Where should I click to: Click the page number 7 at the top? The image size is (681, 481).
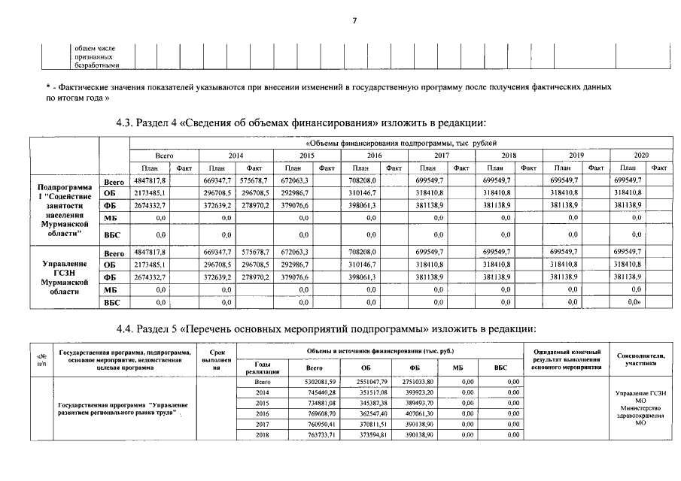pyautogui.click(x=354, y=20)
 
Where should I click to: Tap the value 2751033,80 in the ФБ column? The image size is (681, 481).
pyautogui.click(x=415, y=383)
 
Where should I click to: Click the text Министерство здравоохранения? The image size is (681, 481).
pyautogui.click(x=640, y=413)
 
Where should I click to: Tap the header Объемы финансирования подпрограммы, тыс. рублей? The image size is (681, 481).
pyautogui.click(x=399, y=142)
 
